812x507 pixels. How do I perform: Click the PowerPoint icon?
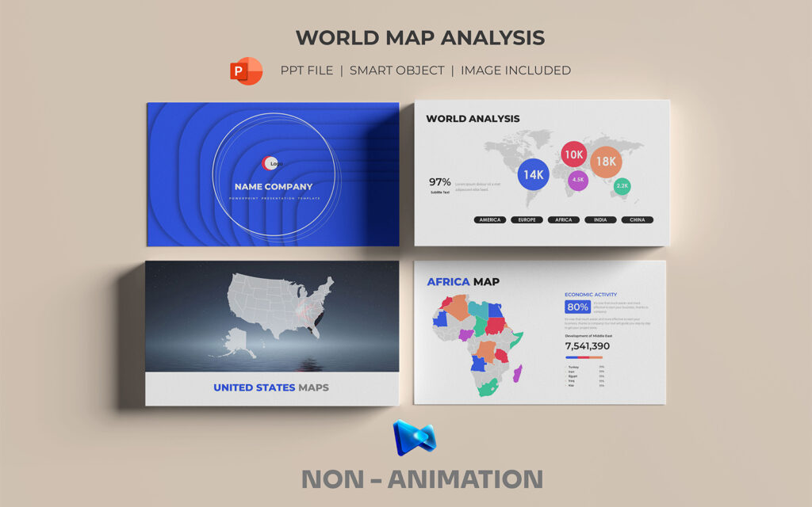click(246, 71)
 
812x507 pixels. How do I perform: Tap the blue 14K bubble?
click(534, 174)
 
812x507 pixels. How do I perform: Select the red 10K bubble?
click(574, 154)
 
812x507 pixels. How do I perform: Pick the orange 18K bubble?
click(607, 162)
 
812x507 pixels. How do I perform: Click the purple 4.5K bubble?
click(578, 180)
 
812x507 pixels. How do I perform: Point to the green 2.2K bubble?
click(622, 186)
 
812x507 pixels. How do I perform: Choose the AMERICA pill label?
click(490, 219)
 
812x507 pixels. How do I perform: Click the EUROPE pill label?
click(527, 219)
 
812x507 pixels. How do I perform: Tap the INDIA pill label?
click(600, 219)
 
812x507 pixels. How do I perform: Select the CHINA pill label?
click(637, 219)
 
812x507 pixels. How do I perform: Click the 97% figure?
click(440, 181)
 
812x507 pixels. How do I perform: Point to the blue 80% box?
click(576, 307)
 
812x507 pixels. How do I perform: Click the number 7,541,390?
click(588, 346)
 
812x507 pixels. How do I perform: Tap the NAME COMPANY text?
click(274, 187)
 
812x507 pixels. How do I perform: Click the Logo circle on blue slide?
click(270, 163)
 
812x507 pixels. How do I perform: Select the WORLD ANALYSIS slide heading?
click(473, 119)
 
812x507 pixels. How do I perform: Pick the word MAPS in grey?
click(313, 387)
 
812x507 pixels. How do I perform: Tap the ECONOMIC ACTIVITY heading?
click(591, 295)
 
